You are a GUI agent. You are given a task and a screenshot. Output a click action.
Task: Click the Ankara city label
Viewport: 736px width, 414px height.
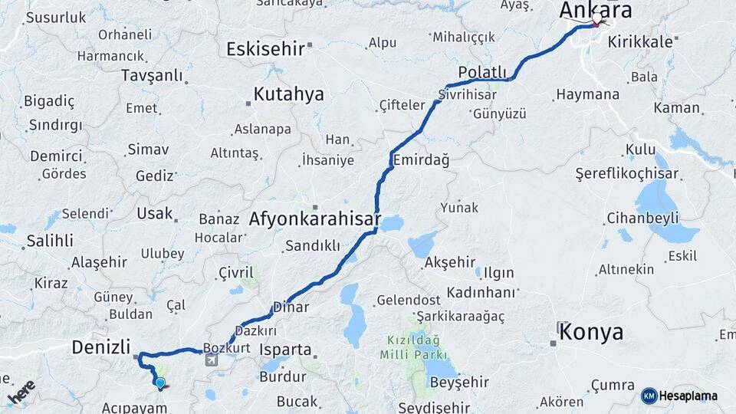tap(596, 10)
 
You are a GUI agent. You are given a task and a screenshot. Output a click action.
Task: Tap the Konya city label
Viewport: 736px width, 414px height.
tap(590, 332)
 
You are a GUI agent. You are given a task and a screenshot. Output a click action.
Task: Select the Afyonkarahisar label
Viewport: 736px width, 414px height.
tap(314, 219)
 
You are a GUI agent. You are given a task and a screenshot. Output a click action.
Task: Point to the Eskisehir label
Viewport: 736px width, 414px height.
tap(265, 49)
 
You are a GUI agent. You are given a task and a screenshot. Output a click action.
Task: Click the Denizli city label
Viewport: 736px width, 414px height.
tap(100, 347)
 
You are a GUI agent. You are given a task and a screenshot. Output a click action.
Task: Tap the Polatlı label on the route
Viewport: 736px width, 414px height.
tap(483, 72)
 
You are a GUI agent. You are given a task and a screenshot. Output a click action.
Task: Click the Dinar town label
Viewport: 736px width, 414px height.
tap(291, 307)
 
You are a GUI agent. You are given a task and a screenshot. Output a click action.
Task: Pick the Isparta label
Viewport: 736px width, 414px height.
tap(286, 350)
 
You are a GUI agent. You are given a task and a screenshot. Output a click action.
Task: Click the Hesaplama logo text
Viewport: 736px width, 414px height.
tap(688, 396)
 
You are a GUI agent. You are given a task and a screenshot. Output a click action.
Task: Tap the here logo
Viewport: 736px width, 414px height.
tap(21, 392)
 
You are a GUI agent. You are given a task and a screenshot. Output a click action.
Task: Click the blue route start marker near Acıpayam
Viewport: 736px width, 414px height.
tap(159, 383)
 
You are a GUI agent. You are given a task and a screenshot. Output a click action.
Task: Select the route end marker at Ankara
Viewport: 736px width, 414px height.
tap(596, 21)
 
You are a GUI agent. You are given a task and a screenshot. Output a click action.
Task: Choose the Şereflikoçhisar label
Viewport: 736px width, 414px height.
tap(626, 174)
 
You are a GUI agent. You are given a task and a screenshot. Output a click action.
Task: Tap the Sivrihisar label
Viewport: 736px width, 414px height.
tap(467, 94)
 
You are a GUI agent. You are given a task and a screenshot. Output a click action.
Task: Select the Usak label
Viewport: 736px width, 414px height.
tap(154, 213)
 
